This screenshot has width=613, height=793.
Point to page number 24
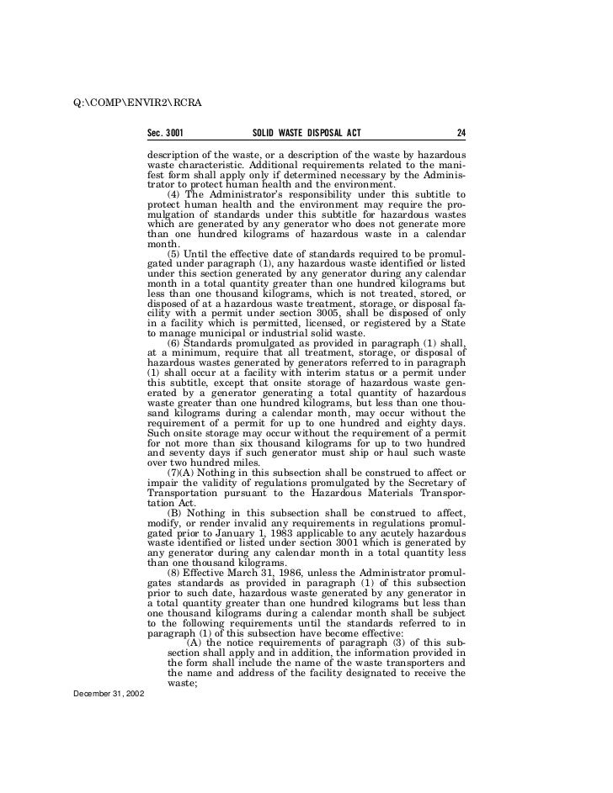[461, 133]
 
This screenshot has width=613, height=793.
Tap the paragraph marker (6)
[176, 343]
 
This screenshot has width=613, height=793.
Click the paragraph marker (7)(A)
[181, 471]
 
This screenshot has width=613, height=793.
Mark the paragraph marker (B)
[175, 512]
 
